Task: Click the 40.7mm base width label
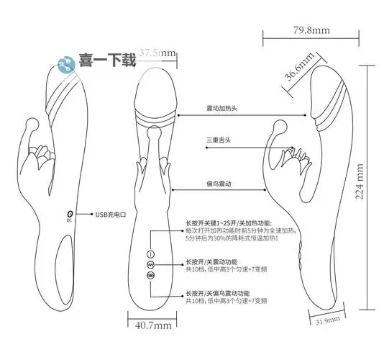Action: [154, 325]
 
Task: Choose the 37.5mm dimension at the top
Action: [157, 53]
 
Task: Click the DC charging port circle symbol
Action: [70, 214]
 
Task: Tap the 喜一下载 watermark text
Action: [105, 61]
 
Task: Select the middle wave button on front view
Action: [151, 264]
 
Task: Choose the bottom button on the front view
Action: [151, 275]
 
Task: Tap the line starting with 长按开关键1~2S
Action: [227, 222]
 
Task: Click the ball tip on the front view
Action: [154, 131]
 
